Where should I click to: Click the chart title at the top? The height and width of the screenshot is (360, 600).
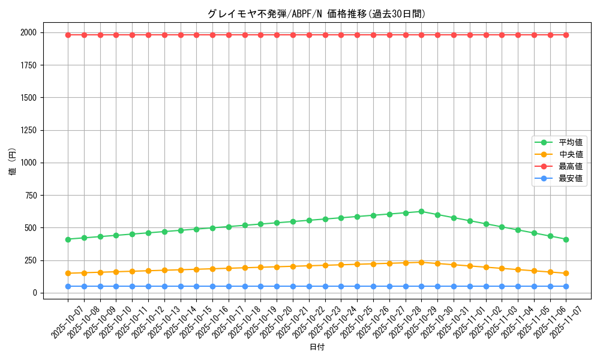coord(316,14)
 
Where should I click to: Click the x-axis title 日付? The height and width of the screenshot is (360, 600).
coord(316,347)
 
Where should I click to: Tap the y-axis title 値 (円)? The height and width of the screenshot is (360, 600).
coord(12,163)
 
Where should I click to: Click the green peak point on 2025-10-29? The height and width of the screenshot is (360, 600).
coord(421,211)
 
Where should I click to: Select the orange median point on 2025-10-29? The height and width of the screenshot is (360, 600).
coord(421,262)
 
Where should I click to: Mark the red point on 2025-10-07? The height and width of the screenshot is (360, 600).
coord(68,35)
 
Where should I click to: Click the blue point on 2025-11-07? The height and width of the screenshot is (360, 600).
coord(566,286)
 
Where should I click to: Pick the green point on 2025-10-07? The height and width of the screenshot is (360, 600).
coord(68,239)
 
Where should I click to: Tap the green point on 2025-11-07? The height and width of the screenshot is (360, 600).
coord(566,239)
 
